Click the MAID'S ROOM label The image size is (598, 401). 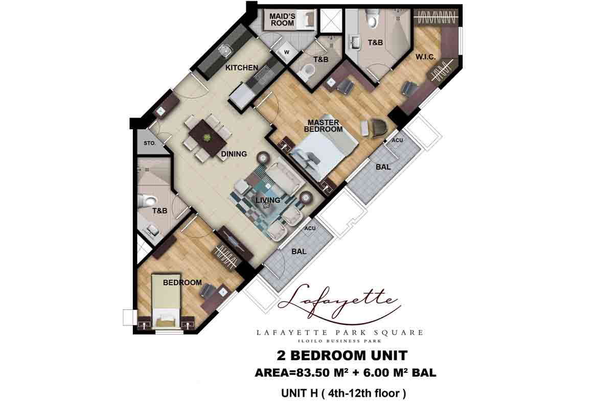(x=282, y=19)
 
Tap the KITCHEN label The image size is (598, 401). (x=242, y=68)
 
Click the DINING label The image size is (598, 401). (x=234, y=154)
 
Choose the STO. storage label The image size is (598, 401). (x=149, y=144)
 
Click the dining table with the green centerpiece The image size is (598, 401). (x=208, y=137)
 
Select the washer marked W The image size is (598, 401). (x=286, y=52)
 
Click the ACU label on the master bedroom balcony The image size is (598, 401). (x=398, y=140)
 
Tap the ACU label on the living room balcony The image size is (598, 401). (x=310, y=228)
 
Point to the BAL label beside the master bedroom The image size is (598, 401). (x=383, y=167)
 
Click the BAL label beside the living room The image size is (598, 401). (x=298, y=251)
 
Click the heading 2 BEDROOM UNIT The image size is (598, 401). (x=341, y=355)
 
